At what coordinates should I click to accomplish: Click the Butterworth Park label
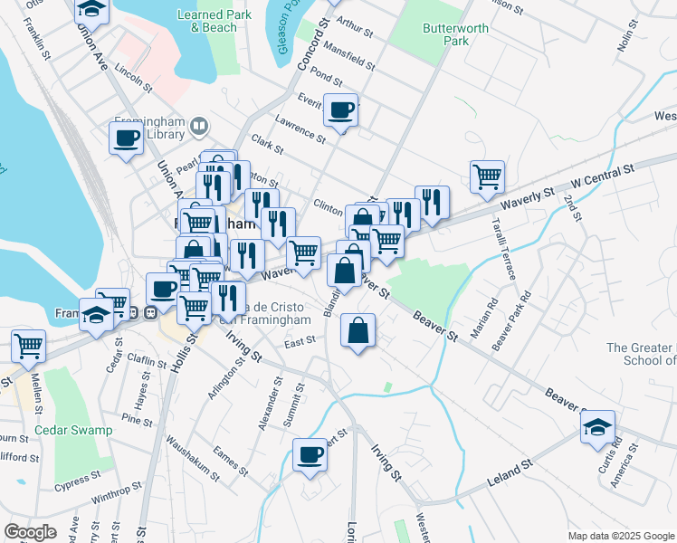coord(455,34)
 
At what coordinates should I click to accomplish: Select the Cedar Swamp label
coord(74,430)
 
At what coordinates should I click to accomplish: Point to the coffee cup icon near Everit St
coord(340,110)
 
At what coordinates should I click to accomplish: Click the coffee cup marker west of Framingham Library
coord(126,138)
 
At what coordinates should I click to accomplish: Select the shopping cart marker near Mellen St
coord(29,345)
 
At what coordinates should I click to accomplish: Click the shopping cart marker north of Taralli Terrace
coord(487,176)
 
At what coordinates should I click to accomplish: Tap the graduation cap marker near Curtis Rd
coord(597,426)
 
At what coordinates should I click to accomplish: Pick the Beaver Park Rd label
coord(509,322)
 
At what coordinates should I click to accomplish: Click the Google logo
coord(31,531)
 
